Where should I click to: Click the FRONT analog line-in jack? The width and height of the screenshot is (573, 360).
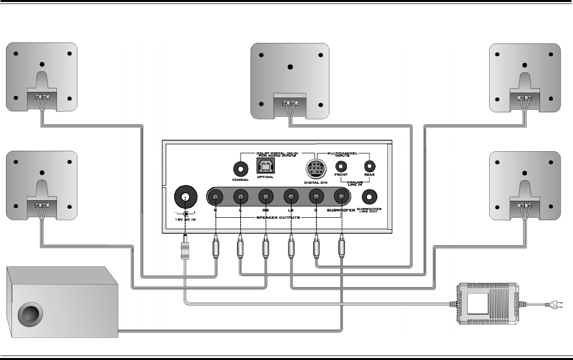pyautogui.click(x=341, y=165)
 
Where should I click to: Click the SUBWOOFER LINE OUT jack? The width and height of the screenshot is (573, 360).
pyautogui.click(x=369, y=196)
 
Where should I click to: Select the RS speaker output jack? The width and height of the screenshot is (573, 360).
pyautogui.click(x=266, y=197)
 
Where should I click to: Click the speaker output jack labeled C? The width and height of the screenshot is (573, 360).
pyautogui.click(x=316, y=197)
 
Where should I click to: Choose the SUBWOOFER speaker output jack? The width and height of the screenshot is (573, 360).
pyautogui.click(x=341, y=197)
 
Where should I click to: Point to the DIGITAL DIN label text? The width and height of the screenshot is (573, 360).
pyautogui.click(x=315, y=183)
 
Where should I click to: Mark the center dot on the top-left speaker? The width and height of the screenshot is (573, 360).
pyautogui.click(x=42, y=64)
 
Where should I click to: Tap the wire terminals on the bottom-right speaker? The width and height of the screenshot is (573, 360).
pyautogui.click(x=524, y=205)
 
